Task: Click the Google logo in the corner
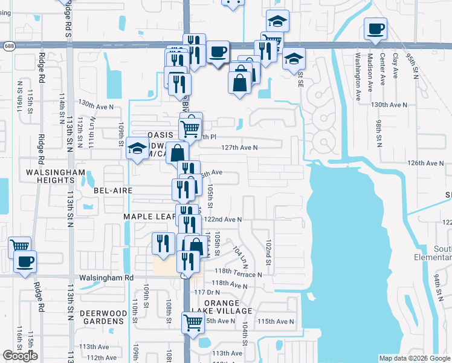[x=20, y=356]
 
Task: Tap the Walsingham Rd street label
[x=106, y=278]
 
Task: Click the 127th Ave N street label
[x=239, y=147]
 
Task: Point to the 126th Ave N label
[x=425, y=163]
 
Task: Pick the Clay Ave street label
[x=395, y=65]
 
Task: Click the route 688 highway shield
[x=8, y=45]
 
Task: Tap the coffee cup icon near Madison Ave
[x=375, y=28]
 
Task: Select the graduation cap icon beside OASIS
[x=138, y=148]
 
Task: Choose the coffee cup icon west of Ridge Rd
[x=25, y=262]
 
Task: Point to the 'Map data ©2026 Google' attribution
[x=414, y=358]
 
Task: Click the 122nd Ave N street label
[x=224, y=220]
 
